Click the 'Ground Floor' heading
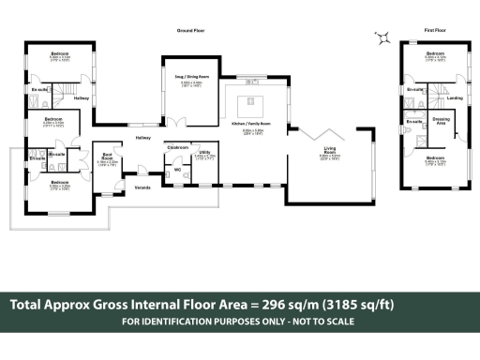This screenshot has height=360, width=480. click(x=190, y=31)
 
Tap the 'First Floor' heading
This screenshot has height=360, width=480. click(x=434, y=31)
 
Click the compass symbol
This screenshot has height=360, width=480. click(x=382, y=37)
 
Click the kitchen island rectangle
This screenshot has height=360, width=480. click(x=250, y=101)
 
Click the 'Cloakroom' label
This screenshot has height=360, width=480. click(x=177, y=147)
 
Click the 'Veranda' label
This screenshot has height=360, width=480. click(x=142, y=187)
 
